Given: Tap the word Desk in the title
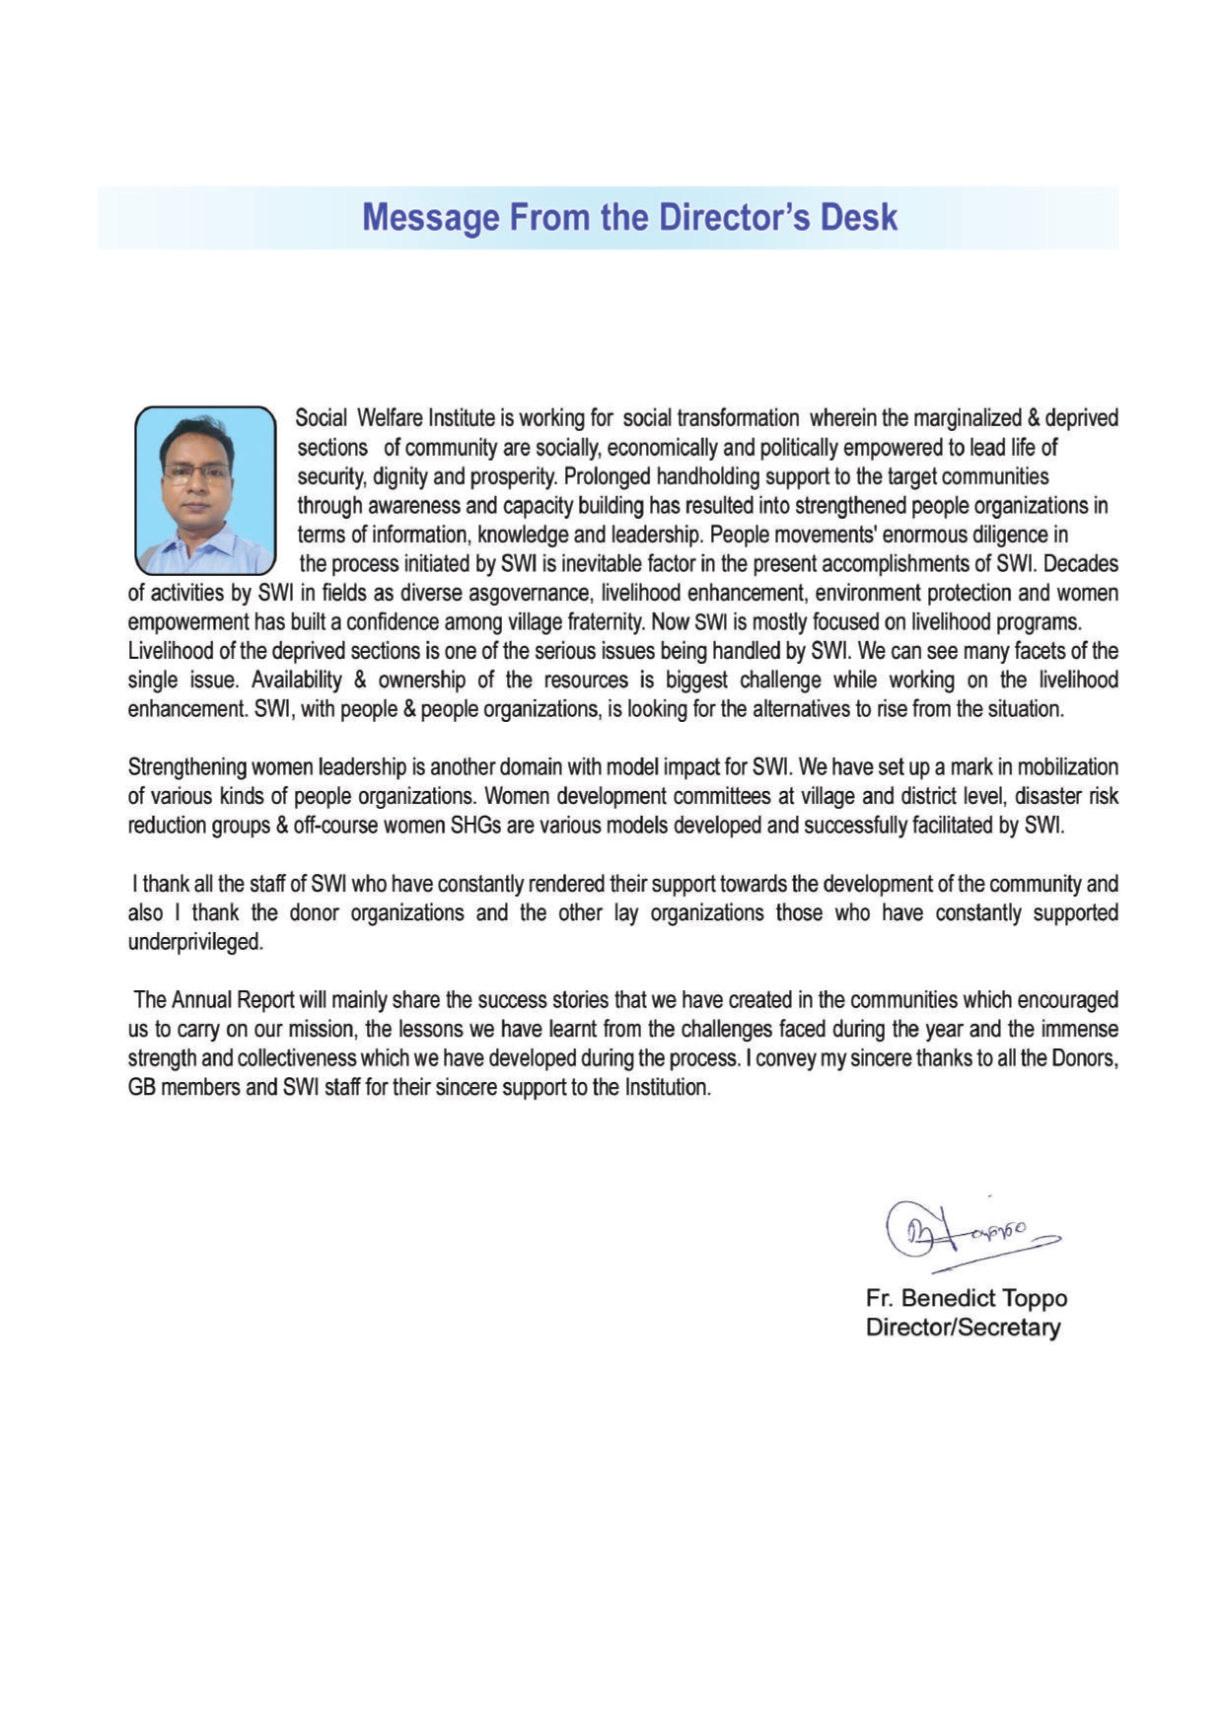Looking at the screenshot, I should (860, 218).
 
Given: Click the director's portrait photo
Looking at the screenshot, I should (205, 490).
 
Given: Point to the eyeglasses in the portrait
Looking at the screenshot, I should (198, 472).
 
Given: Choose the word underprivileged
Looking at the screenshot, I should (195, 942).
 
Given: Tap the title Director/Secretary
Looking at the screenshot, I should (963, 1328).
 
